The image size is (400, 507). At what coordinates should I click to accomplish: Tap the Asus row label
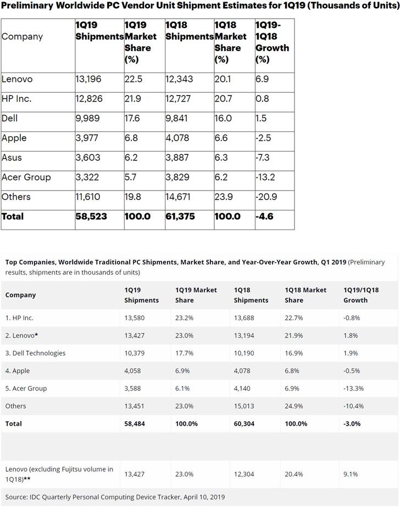tap(12, 158)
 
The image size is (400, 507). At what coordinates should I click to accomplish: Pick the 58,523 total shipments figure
tap(91, 216)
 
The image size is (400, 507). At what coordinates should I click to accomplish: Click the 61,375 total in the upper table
tap(180, 216)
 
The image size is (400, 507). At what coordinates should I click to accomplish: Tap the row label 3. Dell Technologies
tap(35, 353)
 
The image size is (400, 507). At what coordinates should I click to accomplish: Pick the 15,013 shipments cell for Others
tap(246, 406)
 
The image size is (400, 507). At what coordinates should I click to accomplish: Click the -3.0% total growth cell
tap(353, 424)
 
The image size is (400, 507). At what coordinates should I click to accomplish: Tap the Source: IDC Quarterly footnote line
tap(115, 497)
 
